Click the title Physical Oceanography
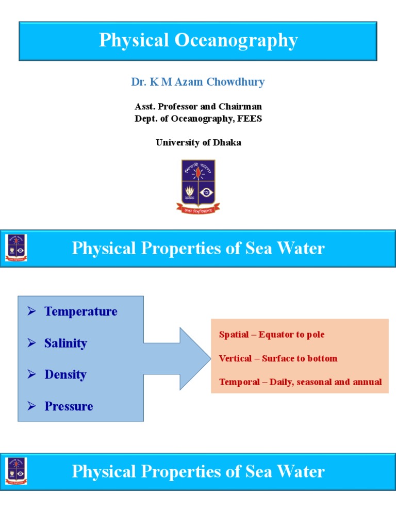198,41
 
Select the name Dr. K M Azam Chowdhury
198,82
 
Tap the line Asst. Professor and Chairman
198,107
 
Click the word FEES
251,119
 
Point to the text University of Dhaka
198,143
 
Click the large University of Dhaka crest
198,186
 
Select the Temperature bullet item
80,311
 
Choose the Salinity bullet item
65,343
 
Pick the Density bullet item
65,375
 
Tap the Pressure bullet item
69,406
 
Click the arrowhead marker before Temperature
31,311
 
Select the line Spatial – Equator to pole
272,335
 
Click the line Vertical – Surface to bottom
278,358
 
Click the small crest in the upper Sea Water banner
16,248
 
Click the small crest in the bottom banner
16,471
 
